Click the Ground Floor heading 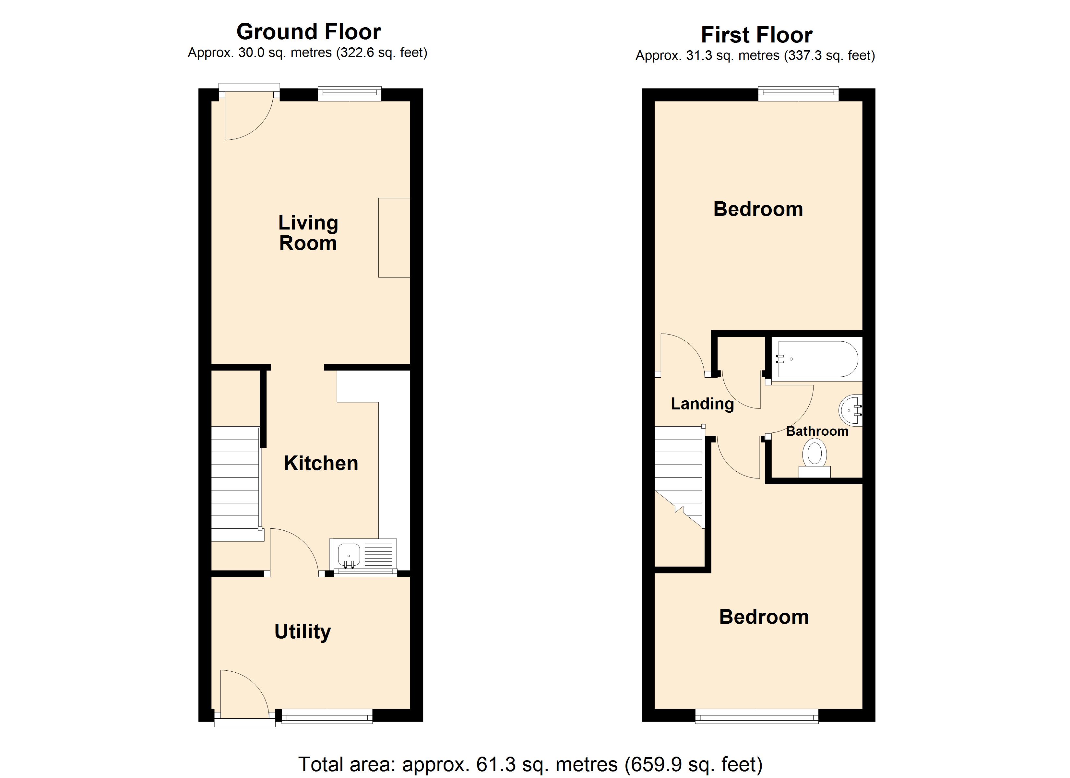click(x=309, y=32)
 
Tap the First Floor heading click(x=757, y=35)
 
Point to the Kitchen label click(x=321, y=463)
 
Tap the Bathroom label click(x=817, y=431)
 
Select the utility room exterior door click(x=244, y=698)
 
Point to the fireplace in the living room click(x=394, y=237)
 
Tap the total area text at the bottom click(x=530, y=764)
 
